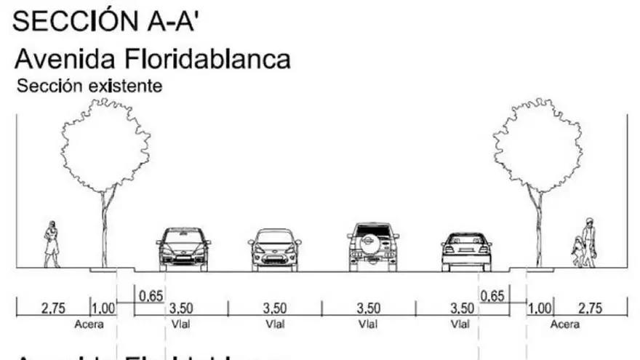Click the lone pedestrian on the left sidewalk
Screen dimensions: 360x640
[x=52, y=244]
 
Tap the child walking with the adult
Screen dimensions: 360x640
[x=578, y=252]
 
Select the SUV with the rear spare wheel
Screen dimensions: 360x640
[x=373, y=247]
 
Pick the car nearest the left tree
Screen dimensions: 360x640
[x=183, y=249]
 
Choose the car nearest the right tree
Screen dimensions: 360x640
[x=466, y=252]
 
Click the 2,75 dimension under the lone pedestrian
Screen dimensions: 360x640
[x=53, y=308]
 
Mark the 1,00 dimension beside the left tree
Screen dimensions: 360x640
[x=103, y=308]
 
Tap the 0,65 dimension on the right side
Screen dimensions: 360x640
[x=492, y=296]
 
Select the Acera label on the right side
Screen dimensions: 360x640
[x=565, y=324]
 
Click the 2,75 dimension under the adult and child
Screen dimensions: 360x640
[x=591, y=308]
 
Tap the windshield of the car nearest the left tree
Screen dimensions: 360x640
[x=183, y=237]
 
